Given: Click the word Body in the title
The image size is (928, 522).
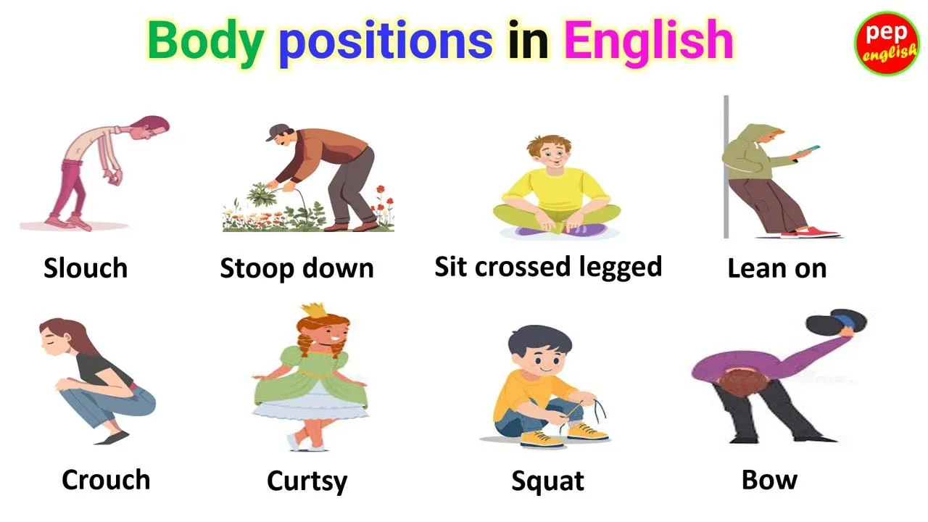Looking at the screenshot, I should pyautogui.click(x=204, y=41).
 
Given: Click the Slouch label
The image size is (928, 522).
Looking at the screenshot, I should pyautogui.click(x=86, y=268).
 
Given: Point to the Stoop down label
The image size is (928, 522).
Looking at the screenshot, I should pyautogui.click(x=297, y=268).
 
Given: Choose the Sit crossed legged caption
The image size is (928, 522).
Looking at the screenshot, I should pyautogui.click(x=548, y=267).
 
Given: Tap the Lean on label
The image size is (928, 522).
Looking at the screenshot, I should pyautogui.click(x=776, y=268).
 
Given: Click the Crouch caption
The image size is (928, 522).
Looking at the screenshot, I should pyautogui.click(x=106, y=479).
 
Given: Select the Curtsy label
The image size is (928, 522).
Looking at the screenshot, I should pyautogui.click(x=307, y=481).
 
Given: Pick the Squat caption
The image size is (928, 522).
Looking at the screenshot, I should pyautogui.click(x=547, y=481).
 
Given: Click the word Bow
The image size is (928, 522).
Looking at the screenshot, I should pyautogui.click(x=769, y=479).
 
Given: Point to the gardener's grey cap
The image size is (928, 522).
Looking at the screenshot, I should pyautogui.click(x=277, y=131).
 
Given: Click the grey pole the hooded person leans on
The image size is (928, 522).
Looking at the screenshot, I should pyautogui.click(x=726, y=167).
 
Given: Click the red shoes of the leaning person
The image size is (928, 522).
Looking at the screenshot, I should pyautogui.click(x=817, y=233).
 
